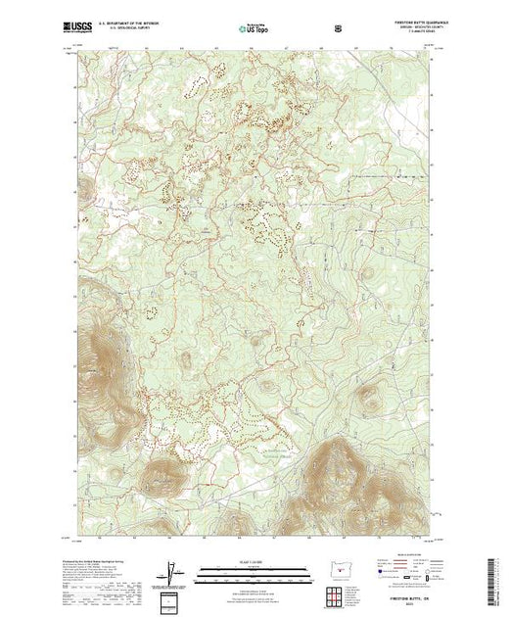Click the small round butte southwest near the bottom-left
(x=161, y=478)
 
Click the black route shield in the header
(x=339, y=27)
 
